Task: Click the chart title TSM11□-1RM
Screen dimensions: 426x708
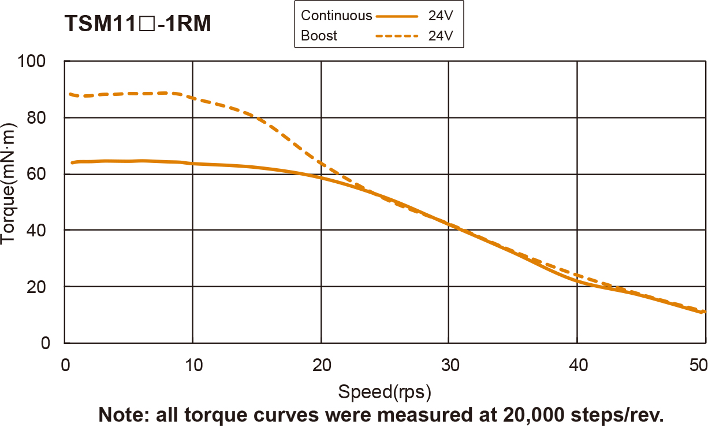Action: [137, 24]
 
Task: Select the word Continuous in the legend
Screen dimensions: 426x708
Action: [336, 16]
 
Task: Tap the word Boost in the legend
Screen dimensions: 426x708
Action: [319, 36]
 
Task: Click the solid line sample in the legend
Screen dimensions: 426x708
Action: [396, 16]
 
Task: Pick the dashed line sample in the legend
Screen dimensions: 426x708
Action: [396, 36]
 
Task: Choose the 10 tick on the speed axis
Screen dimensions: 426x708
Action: [193, 365]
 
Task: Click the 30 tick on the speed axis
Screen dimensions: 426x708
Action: [449, 365]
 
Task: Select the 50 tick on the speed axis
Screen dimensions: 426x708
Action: [698, 365]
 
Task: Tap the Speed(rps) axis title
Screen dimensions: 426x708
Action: [385, 392]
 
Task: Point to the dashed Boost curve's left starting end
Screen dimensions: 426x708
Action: [70, 94]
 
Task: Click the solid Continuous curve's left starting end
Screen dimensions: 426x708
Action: [72, 162]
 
